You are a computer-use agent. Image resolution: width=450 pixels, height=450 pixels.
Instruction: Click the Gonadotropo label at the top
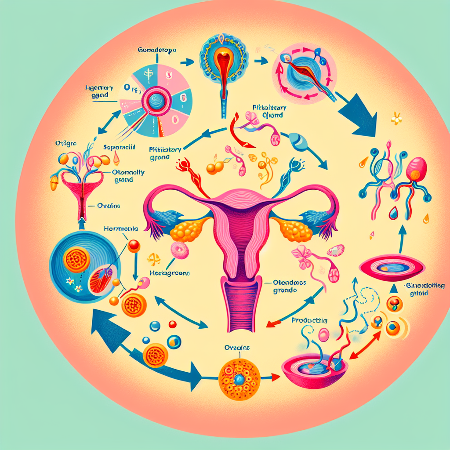pyautogui.click(x=157, y=51)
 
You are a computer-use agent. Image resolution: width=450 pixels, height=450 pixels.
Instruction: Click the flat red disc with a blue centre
pyautogui.click(x=392, y=266)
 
